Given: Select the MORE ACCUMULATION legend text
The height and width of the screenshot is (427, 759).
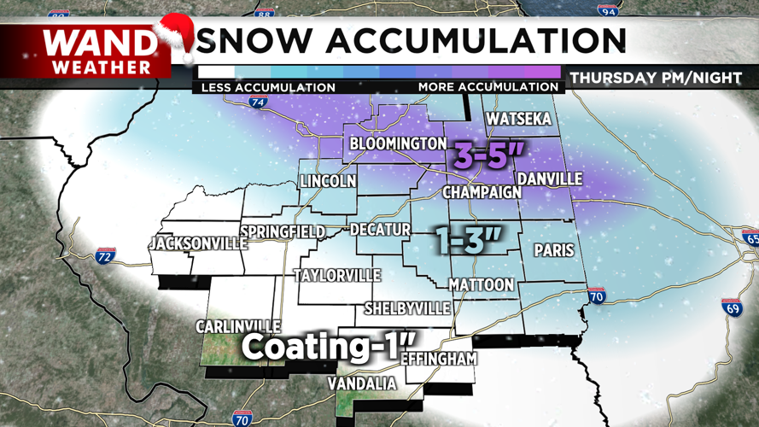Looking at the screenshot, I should click(488, 87).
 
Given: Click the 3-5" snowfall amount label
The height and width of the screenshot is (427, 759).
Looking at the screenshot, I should click(488, 155).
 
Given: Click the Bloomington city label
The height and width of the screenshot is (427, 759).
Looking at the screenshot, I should click(398, 143).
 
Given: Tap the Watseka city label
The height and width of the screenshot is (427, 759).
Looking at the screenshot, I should click(517, 120).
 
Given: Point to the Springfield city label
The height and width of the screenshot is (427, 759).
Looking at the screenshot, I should click(283, 232).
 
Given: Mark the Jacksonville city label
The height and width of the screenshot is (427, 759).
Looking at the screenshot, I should click(197, 243).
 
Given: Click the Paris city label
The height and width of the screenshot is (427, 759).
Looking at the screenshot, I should click(553, 251).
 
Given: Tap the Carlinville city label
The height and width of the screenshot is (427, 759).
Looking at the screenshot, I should click(238, 327).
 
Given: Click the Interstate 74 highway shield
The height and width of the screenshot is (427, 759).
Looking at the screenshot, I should click(258, 102).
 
